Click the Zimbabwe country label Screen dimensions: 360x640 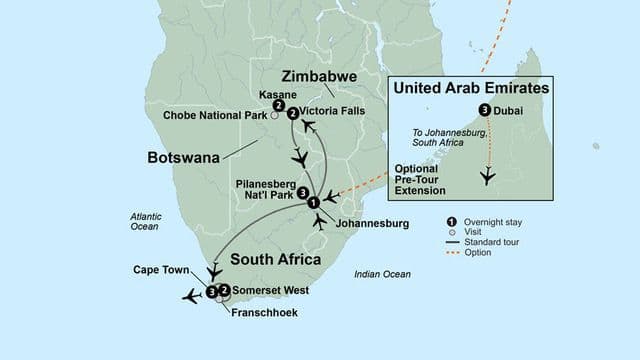[x=321, y=76]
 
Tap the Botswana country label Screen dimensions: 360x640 [x=185, y=158]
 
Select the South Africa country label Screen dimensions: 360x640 [x=276, y=259]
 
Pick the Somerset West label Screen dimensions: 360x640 [x=270, y=291]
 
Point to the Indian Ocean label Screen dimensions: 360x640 [x=382, y=274]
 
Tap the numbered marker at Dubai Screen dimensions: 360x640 [x=484, y=110]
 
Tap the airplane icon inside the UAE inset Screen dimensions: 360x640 [x=488, y=176]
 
